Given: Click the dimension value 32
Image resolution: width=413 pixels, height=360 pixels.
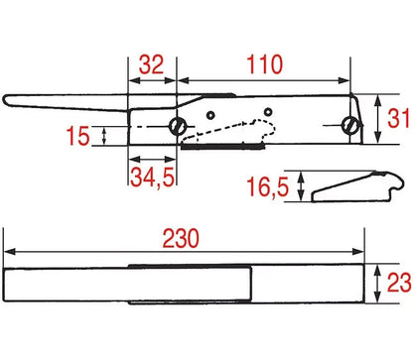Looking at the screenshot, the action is (151, 64).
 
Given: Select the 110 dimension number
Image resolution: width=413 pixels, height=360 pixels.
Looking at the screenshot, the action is (265, 64).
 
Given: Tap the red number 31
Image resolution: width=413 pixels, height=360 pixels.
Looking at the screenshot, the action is (398, 119).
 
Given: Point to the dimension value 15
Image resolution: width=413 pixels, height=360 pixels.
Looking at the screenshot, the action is (77, 136).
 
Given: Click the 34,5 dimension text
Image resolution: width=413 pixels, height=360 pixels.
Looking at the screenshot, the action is (152, 178).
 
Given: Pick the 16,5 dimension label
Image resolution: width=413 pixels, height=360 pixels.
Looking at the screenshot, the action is (267, 187).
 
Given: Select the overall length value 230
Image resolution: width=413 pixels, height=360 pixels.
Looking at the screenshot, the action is (181, 238).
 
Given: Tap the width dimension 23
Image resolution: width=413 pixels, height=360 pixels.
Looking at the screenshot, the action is (399, 284).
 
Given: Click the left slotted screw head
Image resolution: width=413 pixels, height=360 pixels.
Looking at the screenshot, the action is (178, 126).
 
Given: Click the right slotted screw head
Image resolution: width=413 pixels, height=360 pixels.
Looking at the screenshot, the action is (351, 125).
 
